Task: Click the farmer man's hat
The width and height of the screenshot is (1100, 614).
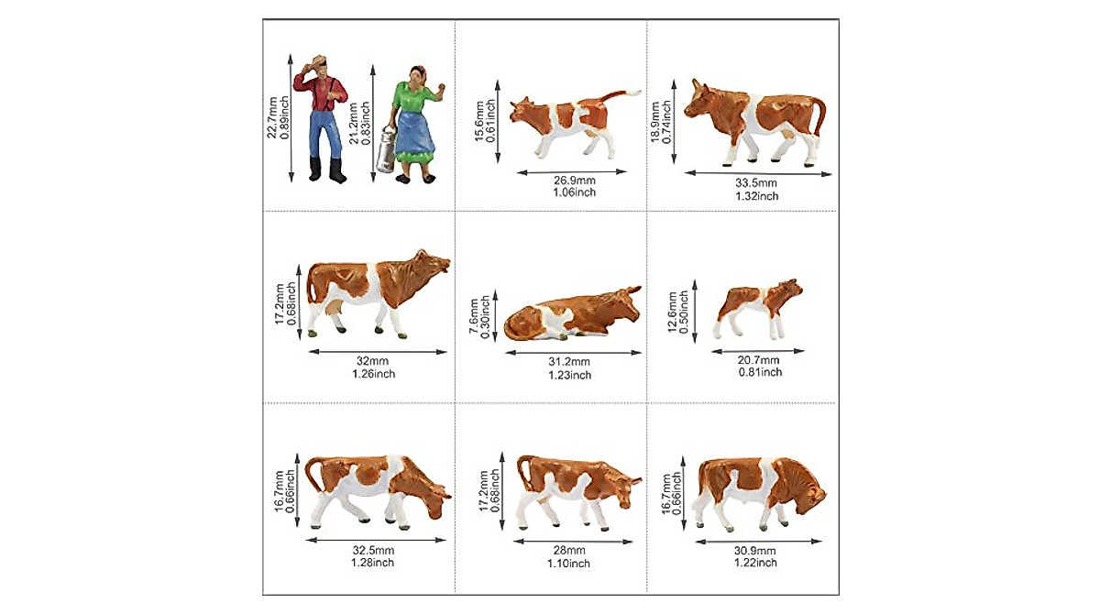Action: (x=319, y=62)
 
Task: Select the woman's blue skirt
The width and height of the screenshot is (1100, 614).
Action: (x=417, y=128)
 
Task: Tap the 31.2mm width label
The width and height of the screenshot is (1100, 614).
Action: (x=570, y=360)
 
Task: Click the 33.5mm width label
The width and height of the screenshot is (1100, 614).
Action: (x=756, y=182)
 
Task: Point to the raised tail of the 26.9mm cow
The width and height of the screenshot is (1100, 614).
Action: (x=625, y=94)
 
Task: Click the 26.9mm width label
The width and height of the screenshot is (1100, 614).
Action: (x=575, y=180)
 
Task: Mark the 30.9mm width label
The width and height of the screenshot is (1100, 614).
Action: (x=756, y=550)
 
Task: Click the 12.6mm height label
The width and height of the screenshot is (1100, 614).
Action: (x=673, y=313)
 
